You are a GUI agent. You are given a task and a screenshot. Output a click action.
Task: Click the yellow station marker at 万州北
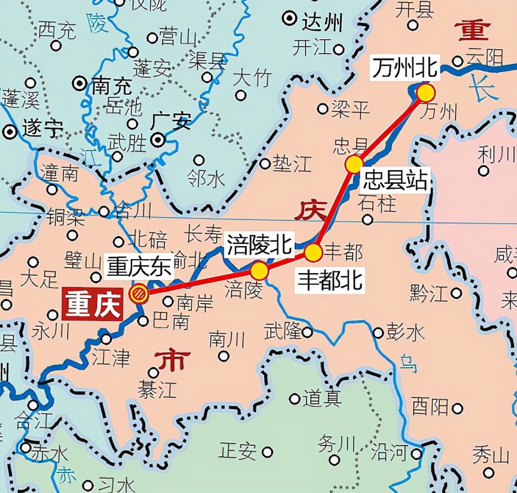426,93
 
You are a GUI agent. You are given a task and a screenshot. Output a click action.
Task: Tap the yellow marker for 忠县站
354,164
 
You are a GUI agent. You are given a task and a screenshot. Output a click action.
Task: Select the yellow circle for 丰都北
313,253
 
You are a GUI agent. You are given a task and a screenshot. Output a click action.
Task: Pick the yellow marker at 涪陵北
260,271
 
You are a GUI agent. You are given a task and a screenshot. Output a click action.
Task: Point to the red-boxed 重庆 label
93,304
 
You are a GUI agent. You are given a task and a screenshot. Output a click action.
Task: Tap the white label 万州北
405,69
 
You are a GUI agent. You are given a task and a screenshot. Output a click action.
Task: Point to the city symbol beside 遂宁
9,131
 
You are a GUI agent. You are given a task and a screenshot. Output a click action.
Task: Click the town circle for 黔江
456,293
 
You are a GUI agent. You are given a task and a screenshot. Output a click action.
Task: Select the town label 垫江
293,164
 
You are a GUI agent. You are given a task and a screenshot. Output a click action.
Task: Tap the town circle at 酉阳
457,409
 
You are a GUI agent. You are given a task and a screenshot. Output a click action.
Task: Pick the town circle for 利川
483,171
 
